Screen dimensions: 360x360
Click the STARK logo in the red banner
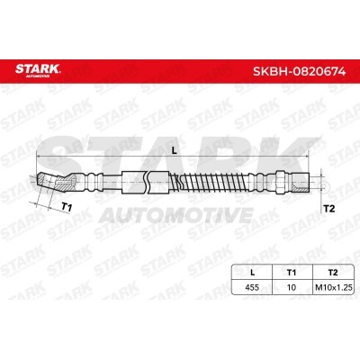click(38, 70)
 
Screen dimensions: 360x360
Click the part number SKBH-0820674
click(300, 71)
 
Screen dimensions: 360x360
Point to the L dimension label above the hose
click(175, 151)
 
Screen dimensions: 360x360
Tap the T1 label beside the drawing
click(67, 207)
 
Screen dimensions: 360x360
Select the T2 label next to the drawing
click(329, 209)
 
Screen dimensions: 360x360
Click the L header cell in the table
click(252, 273)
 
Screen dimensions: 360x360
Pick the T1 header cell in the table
click(292, 273)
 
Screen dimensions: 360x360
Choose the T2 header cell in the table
click(333, 273)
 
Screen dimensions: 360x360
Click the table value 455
click(252, 287)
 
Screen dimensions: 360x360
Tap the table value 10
click(292, 287)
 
